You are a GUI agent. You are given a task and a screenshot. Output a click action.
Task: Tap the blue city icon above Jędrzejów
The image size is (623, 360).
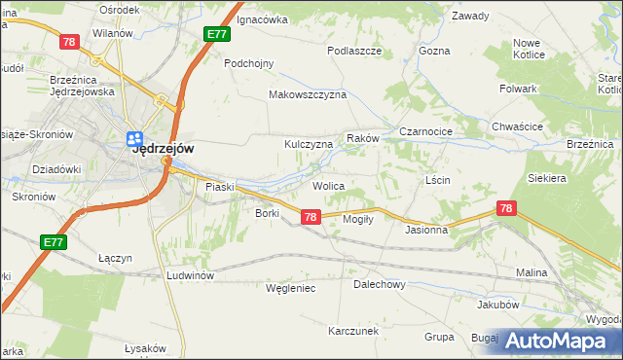(x=135, y=140)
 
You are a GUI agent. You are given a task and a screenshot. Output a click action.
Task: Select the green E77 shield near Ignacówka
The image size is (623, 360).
(x=217, y=35)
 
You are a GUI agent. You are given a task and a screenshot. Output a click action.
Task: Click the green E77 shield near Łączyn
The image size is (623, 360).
(x=54, y=241)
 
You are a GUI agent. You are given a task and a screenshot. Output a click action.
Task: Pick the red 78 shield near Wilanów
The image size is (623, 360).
(x=68, y=41)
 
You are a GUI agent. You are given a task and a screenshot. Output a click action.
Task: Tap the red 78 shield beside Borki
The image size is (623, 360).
(x=310, y=218)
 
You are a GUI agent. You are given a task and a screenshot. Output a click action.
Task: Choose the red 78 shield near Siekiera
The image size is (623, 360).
(x=505, y=208)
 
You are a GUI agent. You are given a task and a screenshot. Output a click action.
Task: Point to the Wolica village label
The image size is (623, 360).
(x=328, y=185)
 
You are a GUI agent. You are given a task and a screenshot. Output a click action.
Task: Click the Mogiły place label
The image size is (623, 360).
(x=358, y=219)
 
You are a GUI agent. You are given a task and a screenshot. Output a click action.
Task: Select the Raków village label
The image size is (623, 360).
(x=362, y=139)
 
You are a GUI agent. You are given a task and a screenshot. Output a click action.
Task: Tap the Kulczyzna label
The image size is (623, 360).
(x=309, y=144)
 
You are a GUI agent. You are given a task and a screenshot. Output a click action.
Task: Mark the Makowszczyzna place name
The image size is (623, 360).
(x=308, y=95)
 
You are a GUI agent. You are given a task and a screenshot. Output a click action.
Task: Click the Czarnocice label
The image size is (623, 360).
(x=422, y=130)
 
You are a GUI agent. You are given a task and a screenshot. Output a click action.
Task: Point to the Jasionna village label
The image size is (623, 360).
(x=426, y=231)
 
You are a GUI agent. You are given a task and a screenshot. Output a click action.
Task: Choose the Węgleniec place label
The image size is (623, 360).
(x=291, y=288)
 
